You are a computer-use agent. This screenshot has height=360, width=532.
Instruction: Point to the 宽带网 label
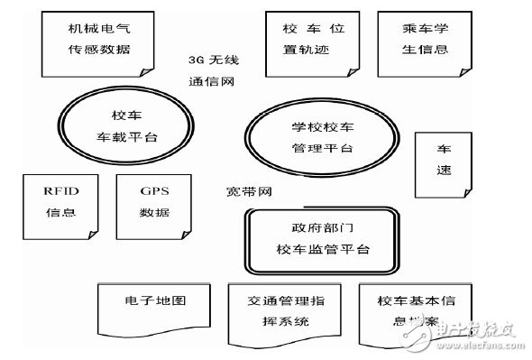[248, 192]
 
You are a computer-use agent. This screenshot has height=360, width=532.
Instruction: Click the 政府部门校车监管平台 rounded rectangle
[324, 238]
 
